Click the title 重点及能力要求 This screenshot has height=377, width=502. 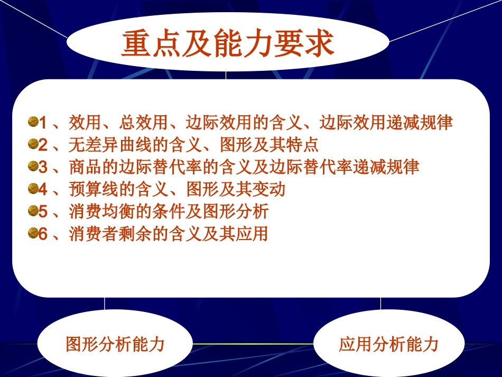[x=227, y=44]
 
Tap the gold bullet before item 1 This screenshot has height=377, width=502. [x=33, y=122]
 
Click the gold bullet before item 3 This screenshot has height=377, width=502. [x=33, y=167]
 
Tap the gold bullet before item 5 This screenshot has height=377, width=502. [x=33, y=211]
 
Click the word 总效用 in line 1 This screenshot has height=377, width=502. [x=144, y=123]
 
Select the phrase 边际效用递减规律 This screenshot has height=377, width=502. [x=386, y=123]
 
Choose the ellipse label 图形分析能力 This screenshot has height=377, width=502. [x=115, y=345]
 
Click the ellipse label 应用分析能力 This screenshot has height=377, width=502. [x=388, y=345]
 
